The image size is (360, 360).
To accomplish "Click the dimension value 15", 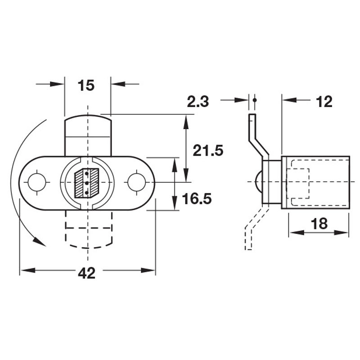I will point(86,85).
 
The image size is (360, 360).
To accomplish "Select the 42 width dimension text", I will point(86,273).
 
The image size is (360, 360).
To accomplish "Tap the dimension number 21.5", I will point(208,150).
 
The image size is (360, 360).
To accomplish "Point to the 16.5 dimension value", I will point(197,198).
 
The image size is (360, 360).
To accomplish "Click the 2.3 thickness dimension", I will point(198,102).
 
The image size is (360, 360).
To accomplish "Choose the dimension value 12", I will point(324,102).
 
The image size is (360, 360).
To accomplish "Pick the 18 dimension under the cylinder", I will point(319,224).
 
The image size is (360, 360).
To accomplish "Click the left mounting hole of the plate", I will point(37,182).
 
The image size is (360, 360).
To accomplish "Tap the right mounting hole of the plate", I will point(136,182).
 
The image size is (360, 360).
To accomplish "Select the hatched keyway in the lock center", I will point(87,183).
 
